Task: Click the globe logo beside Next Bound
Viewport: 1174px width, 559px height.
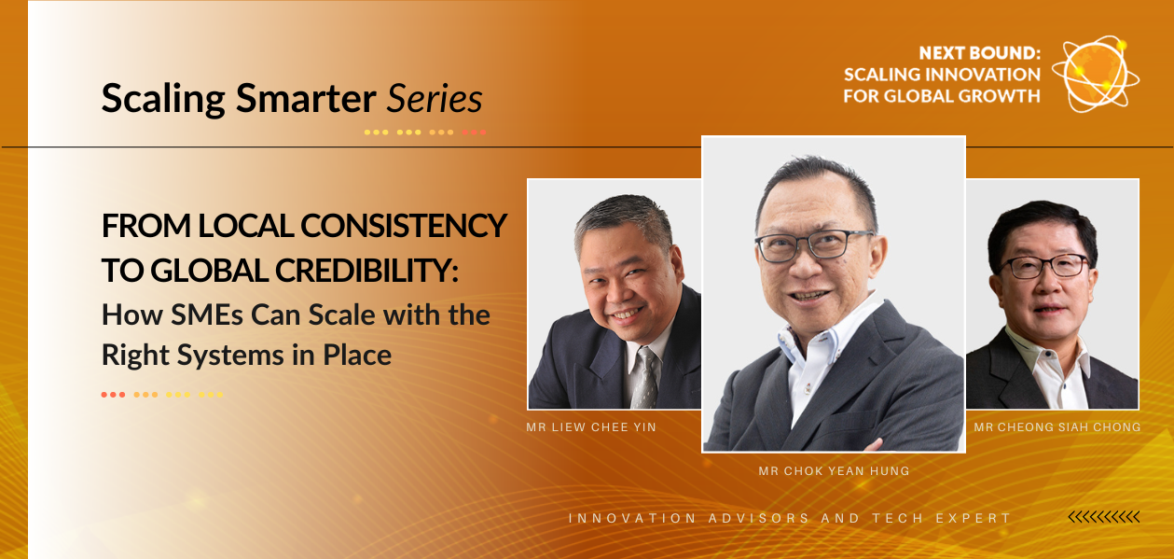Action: point(1096,74)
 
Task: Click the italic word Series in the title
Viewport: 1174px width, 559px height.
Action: point(435,98)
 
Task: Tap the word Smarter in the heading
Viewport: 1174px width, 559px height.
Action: point(306,98)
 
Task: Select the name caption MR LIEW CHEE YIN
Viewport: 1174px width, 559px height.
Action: point(591,427)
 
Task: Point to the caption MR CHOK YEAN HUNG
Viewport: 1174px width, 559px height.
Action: point(834,471)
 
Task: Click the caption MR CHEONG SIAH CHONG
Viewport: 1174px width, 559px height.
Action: point(1057,427)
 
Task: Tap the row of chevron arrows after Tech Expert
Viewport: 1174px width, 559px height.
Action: point(1104,518)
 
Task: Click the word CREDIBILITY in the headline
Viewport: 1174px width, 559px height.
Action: point(366,271)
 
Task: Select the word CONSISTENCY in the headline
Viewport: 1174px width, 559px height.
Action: point(404,226)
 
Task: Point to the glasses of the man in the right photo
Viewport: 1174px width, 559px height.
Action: point(1043,266)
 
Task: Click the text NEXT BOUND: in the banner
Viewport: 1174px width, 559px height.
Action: point(979,53)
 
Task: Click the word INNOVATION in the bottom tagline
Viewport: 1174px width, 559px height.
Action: point(632,518)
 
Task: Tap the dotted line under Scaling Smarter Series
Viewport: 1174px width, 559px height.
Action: point(425,133)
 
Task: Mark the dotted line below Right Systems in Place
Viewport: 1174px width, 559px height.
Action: point(162,395)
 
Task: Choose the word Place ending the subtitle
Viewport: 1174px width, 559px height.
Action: point(357,355)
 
